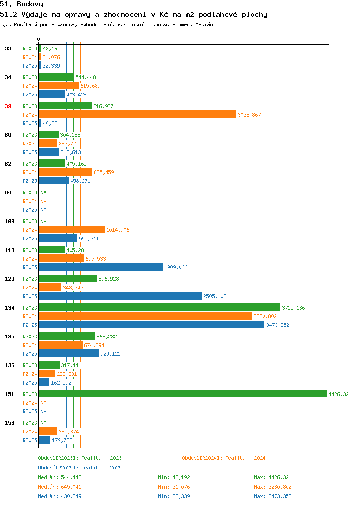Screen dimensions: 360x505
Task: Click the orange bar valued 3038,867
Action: (x=137, y=115)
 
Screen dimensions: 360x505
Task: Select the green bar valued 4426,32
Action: (x=183, y=394)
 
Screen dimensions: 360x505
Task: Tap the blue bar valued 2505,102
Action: (x=120, y=296)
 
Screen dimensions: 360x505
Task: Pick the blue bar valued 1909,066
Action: (x=101, y=267)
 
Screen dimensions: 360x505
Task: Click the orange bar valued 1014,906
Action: (x=72, y=229)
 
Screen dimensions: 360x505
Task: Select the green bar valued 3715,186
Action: (x=160, y=308)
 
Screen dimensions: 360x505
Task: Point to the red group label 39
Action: (x=8, y=106)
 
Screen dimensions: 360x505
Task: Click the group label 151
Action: (x=9, y=394)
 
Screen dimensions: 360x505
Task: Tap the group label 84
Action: (x=8, y=192)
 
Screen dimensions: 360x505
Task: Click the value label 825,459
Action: (x=104, y=172)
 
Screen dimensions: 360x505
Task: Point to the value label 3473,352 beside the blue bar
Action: (x=277, y=325)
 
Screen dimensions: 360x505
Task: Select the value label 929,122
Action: (x=110, y=354)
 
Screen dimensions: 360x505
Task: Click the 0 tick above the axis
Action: (x=39, y=39)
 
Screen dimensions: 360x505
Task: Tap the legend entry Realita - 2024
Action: (x=224, y=458)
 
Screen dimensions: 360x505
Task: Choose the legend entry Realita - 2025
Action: (x=80, y=468)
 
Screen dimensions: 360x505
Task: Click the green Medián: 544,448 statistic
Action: (x=60, y=477)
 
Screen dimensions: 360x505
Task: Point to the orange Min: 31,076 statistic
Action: (x=174, y=487)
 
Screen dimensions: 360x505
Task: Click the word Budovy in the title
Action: (x=30, y=4)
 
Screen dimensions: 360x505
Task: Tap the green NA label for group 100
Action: (x=44, y=221)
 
